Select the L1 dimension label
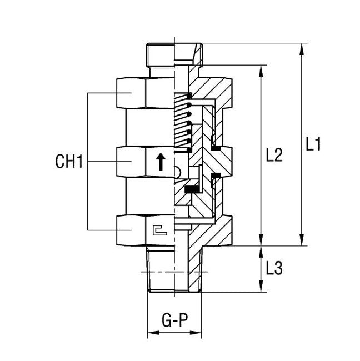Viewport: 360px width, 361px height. coord(314,145)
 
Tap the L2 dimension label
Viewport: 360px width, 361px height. coord(273,155)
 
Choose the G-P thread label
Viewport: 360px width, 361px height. coord(173,320)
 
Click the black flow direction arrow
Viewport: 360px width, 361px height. coord(161,162)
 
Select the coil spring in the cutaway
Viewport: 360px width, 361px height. coord(183,122)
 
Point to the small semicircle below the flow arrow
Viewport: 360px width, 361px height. coord(177,173)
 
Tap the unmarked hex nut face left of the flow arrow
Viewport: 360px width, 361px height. coord(132,162)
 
